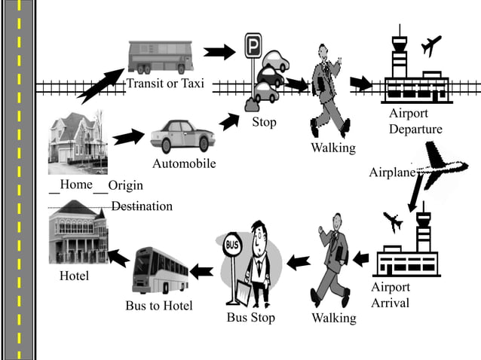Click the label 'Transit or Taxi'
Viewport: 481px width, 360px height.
165,84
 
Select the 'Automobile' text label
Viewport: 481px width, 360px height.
184,163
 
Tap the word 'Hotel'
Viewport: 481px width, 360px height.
74,276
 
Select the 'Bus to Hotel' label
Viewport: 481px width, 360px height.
159,305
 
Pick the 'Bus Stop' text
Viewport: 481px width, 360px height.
251,317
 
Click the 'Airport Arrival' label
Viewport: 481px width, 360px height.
391,295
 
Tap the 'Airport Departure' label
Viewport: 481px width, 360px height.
415,121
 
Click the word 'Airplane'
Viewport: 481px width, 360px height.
392,172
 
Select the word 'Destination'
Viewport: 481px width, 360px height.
142,206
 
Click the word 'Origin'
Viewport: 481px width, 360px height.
125,185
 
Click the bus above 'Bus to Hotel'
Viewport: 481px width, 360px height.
160,269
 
